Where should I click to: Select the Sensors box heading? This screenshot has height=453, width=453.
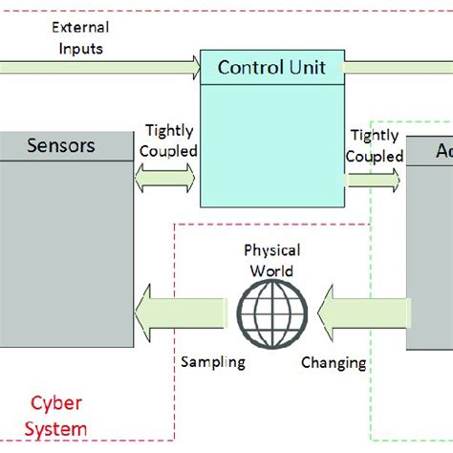62,146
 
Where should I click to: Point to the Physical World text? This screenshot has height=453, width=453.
271,261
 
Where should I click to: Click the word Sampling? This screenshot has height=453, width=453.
213,362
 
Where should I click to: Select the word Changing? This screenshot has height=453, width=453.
334,362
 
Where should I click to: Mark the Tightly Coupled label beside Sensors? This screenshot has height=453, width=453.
170,140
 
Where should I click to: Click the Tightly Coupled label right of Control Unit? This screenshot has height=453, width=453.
373,146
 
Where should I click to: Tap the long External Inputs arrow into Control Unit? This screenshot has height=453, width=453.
96,66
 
